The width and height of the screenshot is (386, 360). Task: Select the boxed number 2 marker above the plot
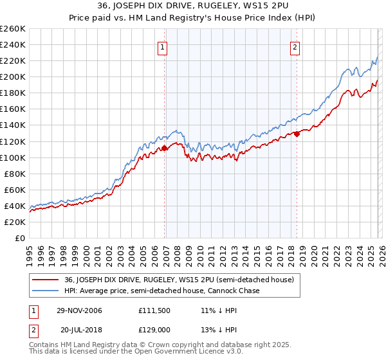295,47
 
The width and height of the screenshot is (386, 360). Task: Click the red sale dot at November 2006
164,148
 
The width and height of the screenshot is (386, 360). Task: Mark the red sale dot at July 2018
297,134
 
